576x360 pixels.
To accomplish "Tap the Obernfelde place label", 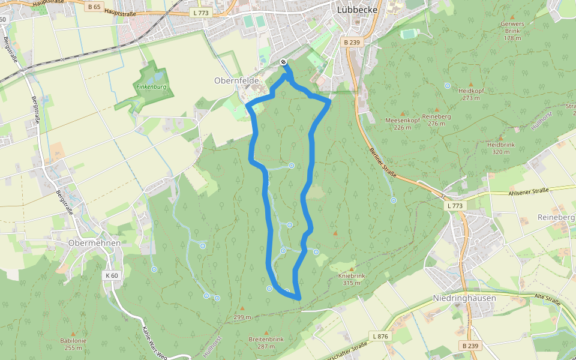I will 236,80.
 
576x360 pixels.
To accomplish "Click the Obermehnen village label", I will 95,243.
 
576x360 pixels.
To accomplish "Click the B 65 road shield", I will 93,7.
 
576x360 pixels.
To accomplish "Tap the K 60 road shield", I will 112,275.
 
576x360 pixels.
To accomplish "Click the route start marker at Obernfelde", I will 283,62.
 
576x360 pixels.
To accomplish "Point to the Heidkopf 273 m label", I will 471,94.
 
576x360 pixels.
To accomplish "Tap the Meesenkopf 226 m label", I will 402,123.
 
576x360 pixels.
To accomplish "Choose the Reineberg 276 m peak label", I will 436,119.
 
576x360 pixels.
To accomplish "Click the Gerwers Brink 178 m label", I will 512,31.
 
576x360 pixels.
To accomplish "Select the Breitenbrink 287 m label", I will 266,343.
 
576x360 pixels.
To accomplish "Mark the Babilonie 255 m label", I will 73,344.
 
